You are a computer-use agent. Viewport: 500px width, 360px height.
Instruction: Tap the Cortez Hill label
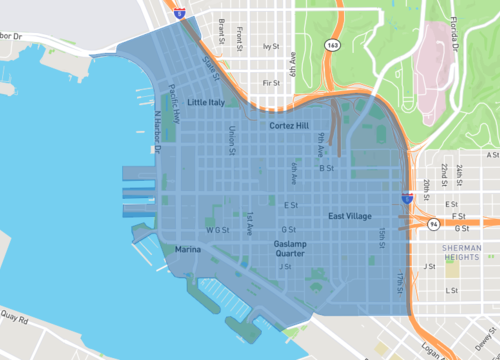[x=294, y=127]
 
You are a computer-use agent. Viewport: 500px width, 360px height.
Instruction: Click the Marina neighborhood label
[x=188, y=248]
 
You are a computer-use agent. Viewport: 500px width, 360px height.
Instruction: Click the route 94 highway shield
[x=432, y=226]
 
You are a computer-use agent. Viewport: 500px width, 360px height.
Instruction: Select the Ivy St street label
[x=268, y=46]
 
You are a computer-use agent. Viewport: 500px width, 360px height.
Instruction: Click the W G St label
[x=218, y=229]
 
